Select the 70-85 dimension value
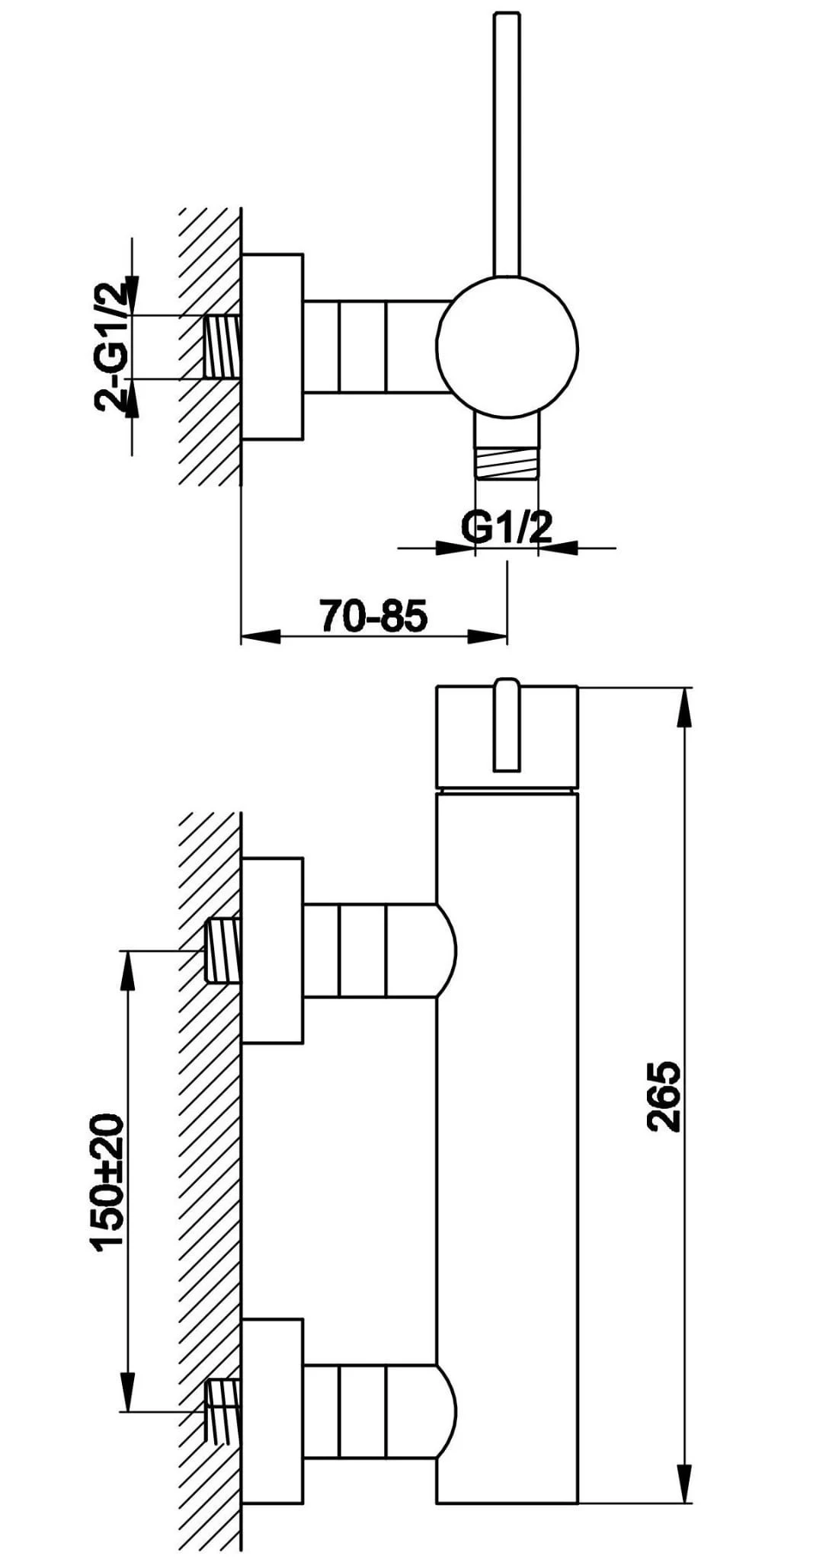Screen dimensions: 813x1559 [373, 615]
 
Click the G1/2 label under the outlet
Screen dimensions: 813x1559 [506, 527]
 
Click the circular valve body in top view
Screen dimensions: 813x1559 [507, 347]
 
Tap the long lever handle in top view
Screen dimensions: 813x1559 [507, 143]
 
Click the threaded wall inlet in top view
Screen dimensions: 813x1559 [222, 347]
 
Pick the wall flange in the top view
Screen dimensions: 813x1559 [272, 347]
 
